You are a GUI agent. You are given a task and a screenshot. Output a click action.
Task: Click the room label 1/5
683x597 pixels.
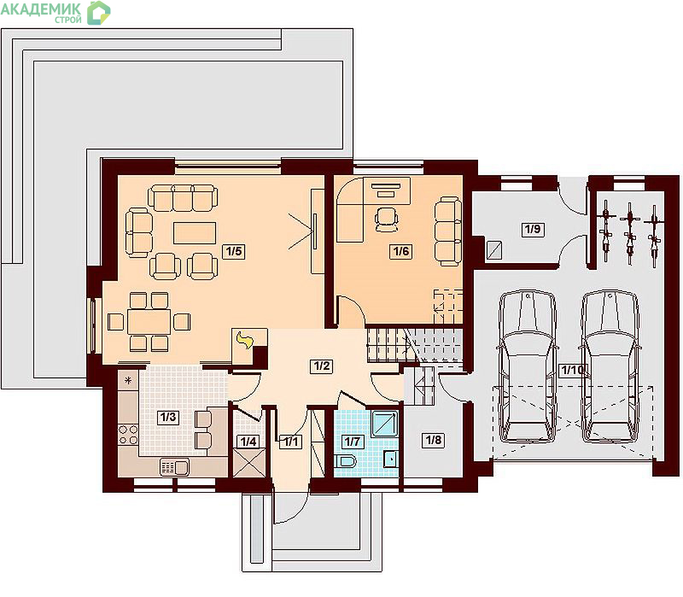(x=234, y=251)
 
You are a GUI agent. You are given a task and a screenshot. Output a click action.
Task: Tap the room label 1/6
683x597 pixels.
(x=401, y=251)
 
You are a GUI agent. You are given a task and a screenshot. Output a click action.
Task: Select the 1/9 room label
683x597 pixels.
(x=532, y=229)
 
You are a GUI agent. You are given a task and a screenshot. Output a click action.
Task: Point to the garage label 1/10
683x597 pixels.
(x=573, y=371)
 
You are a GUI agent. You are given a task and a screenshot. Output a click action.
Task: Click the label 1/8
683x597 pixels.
(x=434, y=440)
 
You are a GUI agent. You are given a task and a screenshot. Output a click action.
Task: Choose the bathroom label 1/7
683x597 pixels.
(x=352, y=442)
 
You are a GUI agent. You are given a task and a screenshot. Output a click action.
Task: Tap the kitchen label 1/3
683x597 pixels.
(x=168, y=417)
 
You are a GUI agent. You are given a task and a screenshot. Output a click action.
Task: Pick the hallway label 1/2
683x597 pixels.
(x=322, y=366)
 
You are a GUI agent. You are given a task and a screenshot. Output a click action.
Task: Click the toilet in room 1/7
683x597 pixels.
(x=346, y=460)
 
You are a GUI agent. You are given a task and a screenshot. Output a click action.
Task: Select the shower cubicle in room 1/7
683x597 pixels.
(x=385, y=423)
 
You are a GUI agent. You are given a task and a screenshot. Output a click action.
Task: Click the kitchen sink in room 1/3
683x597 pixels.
(x=175, y=467)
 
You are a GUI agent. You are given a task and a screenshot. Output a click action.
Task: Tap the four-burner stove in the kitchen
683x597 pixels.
(x=128, y=435)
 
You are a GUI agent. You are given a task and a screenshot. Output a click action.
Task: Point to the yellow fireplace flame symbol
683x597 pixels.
(x=244, y=340)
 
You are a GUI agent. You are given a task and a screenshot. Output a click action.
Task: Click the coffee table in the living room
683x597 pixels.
(x=195, y=232)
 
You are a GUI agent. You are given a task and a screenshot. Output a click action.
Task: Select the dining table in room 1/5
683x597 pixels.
(x=149, y=322)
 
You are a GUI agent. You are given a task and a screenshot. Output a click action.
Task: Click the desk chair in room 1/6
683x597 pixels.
(x=387, y=219)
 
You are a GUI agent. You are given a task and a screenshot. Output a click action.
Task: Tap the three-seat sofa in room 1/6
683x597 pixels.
(x=448, y=231)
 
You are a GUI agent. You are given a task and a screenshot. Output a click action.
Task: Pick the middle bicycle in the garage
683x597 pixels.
(x=629, y=234)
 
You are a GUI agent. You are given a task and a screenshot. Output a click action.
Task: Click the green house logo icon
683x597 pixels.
(x=98, y=12)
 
